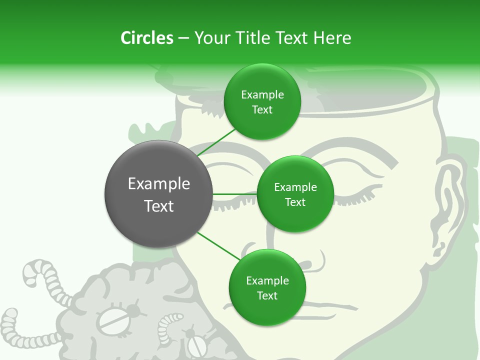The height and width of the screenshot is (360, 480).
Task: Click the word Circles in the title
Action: tap(146, 38)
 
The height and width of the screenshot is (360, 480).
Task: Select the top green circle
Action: tap(262, 102)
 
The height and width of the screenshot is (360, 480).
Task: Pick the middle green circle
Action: tap(295, 194)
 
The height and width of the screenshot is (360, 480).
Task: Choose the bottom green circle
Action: tap(267, 287)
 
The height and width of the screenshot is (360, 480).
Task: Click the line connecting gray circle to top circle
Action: tap(216, 142)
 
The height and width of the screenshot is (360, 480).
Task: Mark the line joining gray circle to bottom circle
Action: tap(219, 245)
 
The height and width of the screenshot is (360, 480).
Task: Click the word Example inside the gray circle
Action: tap(159, 184)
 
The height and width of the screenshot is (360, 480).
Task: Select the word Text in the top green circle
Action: tap(262, 110)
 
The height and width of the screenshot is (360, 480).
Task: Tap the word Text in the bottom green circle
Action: tap(267, 295)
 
